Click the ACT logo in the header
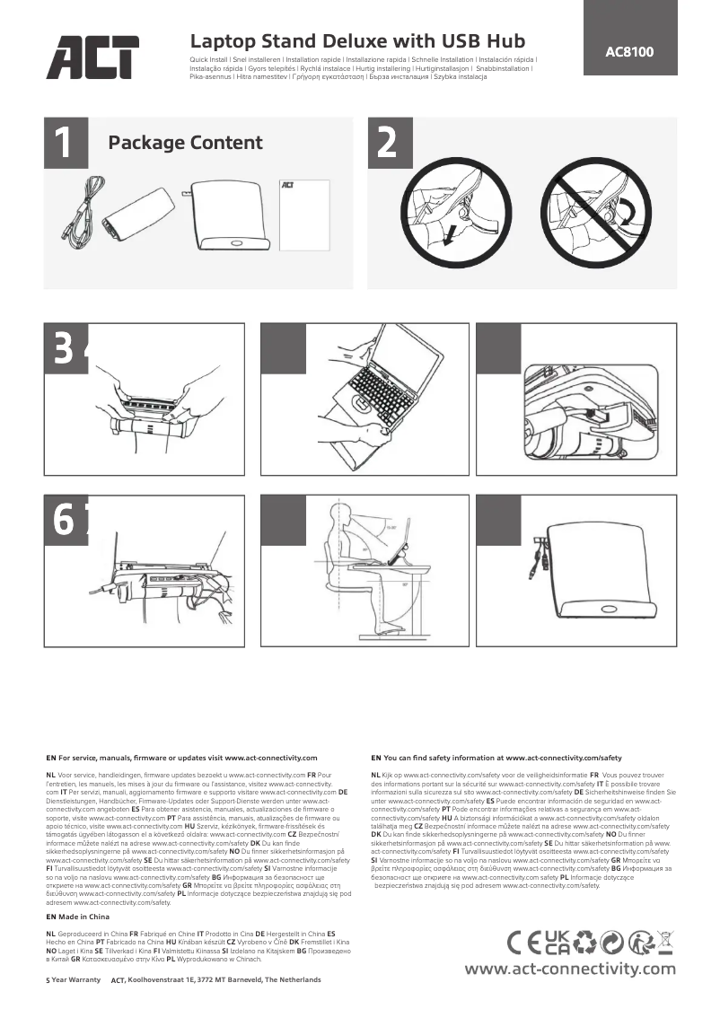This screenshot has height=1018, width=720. click(x=92, y=57)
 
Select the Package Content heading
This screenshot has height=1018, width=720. click(x=185, y=143)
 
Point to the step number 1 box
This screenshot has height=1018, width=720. click(x=66, y=143)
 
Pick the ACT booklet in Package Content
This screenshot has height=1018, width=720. click(x=302, y=215)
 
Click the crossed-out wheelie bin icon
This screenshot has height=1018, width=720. click(x=665, y=942)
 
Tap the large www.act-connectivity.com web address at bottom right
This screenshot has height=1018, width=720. click(x=569, y=969)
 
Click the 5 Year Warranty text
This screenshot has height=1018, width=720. click(x=73, y=980)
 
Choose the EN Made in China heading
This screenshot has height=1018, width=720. click(x=78, y=917)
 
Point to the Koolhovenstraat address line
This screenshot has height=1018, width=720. click(x=224, y=980)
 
